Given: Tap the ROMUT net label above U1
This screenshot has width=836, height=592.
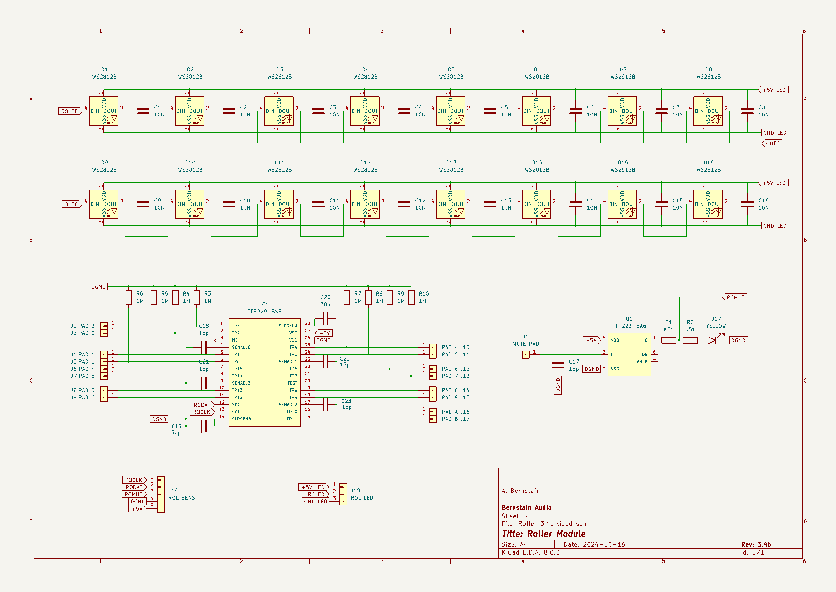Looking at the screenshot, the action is (x=735, y=297).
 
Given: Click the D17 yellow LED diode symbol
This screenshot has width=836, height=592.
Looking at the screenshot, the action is (x=712, y=340).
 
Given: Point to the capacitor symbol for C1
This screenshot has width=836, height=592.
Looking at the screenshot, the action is (x=143, y=111).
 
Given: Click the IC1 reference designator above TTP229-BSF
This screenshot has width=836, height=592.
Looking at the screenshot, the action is (x=264, y=304).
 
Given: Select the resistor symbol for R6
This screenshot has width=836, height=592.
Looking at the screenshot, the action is (x=128, y=297).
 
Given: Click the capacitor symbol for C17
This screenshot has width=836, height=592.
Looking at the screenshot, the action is (x=558, y=365).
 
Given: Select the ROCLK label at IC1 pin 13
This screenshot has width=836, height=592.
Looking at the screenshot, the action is (x=202, y=412).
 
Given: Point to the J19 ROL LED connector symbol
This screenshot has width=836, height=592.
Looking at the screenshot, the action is (x=343, y=494).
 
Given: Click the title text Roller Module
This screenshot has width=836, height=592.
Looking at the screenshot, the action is (x=556, y=534).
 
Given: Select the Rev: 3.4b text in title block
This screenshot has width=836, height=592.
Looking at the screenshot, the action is (x=756, y=544).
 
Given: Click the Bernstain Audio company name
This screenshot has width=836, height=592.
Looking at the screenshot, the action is (x=527, y=507).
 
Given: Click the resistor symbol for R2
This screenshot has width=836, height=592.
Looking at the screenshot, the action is (x=690, y=340).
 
